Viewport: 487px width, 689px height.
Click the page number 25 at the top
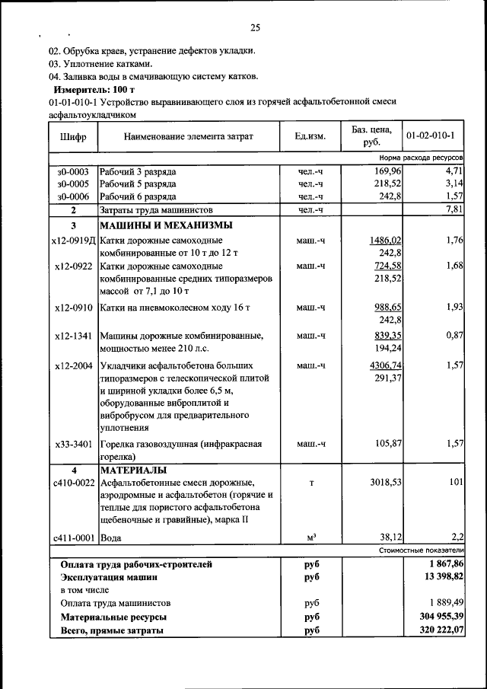pyautogui.click(x=256, y=28)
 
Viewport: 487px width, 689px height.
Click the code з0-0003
pyautogui.click(x=73, y=171)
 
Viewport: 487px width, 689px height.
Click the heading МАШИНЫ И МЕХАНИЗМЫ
pyautogui.click(x=166, y=225)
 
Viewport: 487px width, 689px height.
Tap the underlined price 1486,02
pyautogui.click(x=385, y=241)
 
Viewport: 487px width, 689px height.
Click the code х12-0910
pyautogui.click(x=74, y=308)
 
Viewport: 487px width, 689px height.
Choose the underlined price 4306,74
pyautogui.click(x=385, y=365)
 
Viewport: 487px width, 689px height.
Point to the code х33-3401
pyautogui.click(x=74, y=444)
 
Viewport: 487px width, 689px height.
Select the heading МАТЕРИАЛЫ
pyautogui.click(x=135, y=469)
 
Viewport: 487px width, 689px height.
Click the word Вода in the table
pyautogui.click(x=111, y=537)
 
